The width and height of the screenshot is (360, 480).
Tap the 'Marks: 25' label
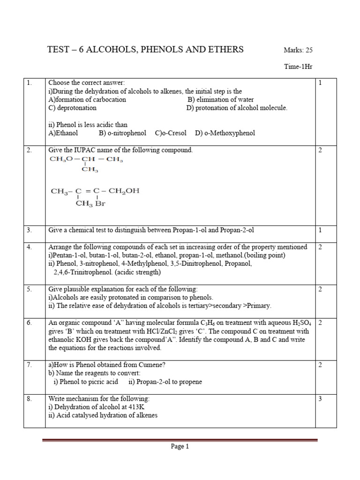click(x=298, y=50)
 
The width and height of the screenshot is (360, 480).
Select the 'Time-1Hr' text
click(x=298, y=67)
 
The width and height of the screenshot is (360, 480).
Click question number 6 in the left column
click(x=30, y=323)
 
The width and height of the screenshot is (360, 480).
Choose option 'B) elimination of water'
click(x=221, y=99)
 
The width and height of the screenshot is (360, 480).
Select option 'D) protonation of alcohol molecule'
click(x=237, y=108)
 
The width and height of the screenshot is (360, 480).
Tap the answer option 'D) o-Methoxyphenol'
click(x=225, y=133)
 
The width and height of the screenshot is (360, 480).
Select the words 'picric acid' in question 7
click(x=102, y=382)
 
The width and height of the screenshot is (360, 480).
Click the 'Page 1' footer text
click(x=180, y=447)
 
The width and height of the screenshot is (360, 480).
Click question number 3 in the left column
click(x=30, y=230)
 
